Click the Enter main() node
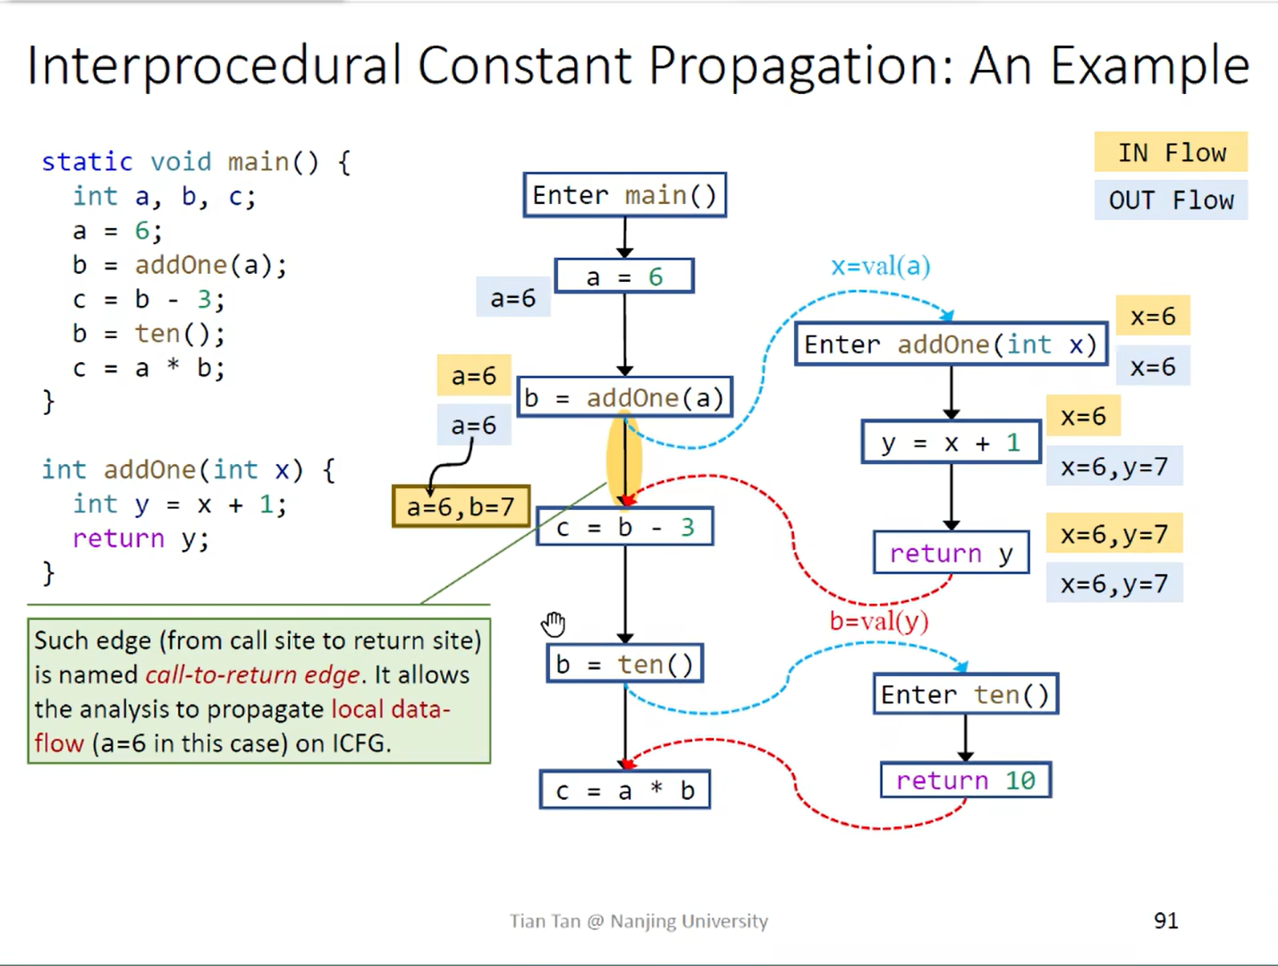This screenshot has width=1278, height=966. [624, 195]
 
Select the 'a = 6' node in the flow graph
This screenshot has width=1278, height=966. [624, 276]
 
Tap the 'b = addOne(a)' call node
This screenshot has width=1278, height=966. [624, 398]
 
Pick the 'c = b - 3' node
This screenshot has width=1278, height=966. [624, 528]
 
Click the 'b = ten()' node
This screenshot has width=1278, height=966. [624, 664]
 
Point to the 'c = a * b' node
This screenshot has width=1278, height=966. [624, 791]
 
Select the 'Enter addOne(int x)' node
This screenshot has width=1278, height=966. [950, 344]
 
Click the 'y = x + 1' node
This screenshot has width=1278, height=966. [951, 442]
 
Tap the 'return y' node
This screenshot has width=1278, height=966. [951, 554]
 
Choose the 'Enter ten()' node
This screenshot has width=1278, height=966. [965, 695]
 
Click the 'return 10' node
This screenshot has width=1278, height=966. [965, 780]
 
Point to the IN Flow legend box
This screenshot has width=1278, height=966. [1171, 153]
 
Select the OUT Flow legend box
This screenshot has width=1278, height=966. [1171, 200]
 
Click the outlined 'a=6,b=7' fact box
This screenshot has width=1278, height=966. [461, 507]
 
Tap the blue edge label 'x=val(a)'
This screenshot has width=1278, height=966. [880, 266]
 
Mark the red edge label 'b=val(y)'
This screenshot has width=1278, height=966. [878, 621]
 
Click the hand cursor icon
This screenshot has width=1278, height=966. [554, 623]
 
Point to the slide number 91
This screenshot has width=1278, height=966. [1165, 920]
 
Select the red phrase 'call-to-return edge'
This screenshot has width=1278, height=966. [252, 674]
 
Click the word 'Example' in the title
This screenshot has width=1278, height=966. [1149, 65]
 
